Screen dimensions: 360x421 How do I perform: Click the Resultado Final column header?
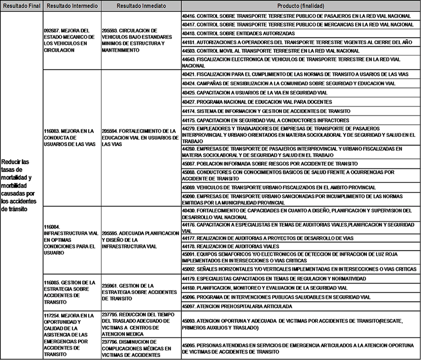[21, 6]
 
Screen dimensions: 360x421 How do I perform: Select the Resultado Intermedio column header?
[71, 6]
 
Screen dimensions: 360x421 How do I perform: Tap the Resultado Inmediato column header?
[141, 6]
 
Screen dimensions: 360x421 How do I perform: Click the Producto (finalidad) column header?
[300, 6]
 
